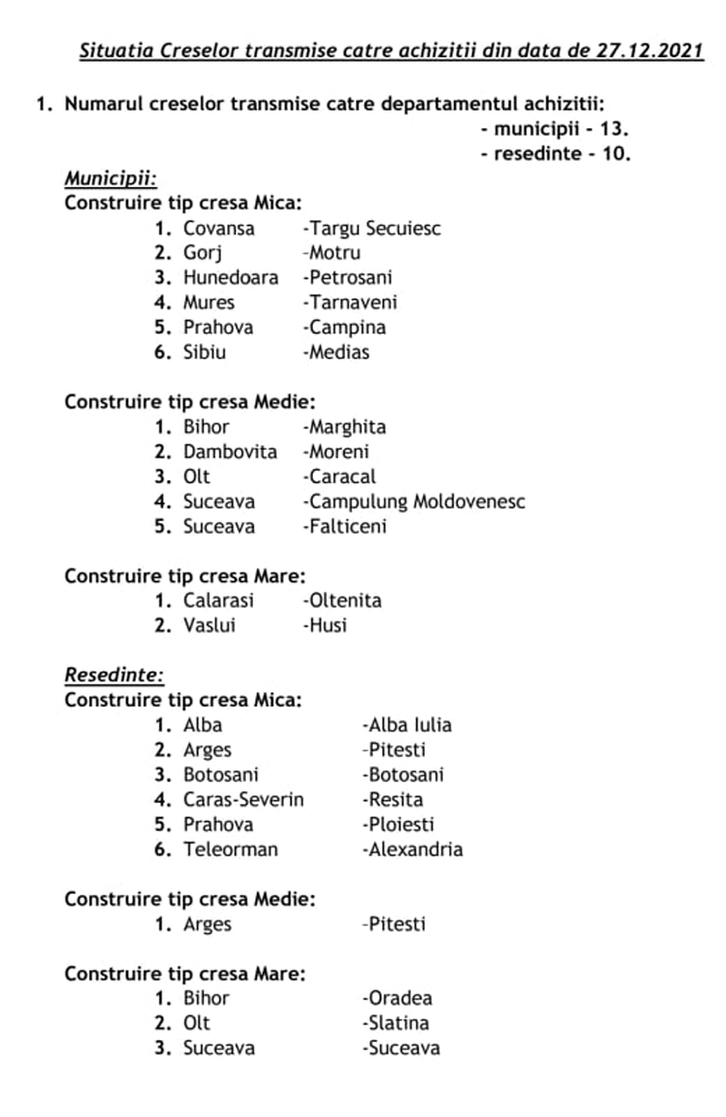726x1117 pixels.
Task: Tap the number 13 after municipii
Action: (608, 129)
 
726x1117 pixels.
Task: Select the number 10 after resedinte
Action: (613, 153)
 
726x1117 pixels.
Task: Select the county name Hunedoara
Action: (231, 278)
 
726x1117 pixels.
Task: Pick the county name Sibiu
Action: (204, 352)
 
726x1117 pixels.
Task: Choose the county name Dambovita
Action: (230, 452)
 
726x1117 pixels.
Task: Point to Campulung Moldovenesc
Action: (415, 502)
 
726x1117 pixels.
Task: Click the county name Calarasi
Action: (218, 601)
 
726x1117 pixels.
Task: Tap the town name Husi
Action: (326, 625)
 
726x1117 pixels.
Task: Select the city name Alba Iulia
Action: (407, 725)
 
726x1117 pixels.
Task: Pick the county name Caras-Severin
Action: (243, 800)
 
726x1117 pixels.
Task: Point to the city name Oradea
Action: (397, 998)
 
